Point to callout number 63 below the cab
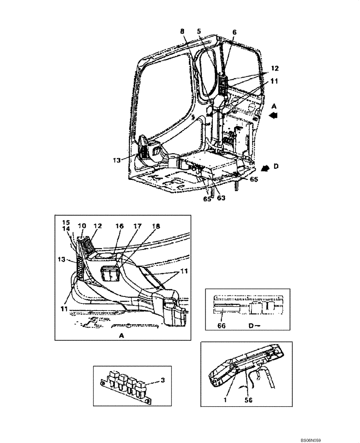[220, 198]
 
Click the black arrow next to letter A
[274, 115]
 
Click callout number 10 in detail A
[82, 226]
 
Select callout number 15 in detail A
[66, 221]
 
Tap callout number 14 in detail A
[66, 229]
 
